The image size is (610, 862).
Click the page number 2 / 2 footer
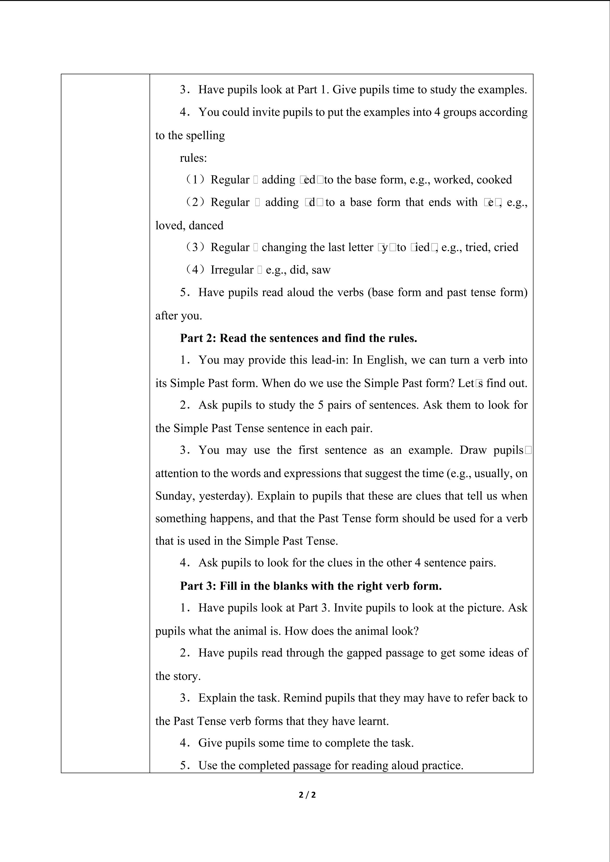307,795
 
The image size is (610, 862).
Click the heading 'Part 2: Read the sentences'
299,338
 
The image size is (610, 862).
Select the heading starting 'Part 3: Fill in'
311,586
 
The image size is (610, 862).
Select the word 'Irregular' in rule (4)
232,270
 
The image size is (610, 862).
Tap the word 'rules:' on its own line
193,158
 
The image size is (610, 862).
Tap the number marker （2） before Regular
195,202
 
